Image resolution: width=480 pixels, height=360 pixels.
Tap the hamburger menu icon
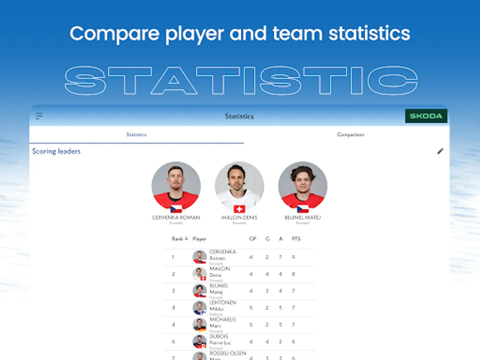point(39,116)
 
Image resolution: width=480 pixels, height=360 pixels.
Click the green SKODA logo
point(426,116)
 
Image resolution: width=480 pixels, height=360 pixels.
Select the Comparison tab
point(350,135)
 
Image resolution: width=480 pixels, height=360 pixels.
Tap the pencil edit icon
point(440,151)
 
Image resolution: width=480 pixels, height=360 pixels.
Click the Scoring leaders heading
point(56,151)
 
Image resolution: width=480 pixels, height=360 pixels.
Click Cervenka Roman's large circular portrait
point(176,186)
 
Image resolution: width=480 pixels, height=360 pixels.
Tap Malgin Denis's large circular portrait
point(239,186)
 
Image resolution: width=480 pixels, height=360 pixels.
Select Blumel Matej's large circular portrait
point(303,186)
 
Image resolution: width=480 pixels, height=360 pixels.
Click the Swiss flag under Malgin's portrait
point(239,209)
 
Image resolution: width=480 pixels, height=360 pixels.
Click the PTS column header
point(296,239)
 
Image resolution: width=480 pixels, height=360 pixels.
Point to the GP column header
point(252,239)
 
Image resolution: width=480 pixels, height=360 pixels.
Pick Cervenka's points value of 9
point(293,257)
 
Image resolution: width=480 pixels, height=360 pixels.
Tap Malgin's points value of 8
point(293,274)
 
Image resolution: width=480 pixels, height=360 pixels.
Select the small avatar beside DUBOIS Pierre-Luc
point(199,342)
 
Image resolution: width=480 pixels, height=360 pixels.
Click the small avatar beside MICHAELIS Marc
point(199,324)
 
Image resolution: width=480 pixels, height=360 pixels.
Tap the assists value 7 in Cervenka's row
point(280,257)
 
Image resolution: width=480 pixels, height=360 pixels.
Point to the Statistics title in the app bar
point(239,116)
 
